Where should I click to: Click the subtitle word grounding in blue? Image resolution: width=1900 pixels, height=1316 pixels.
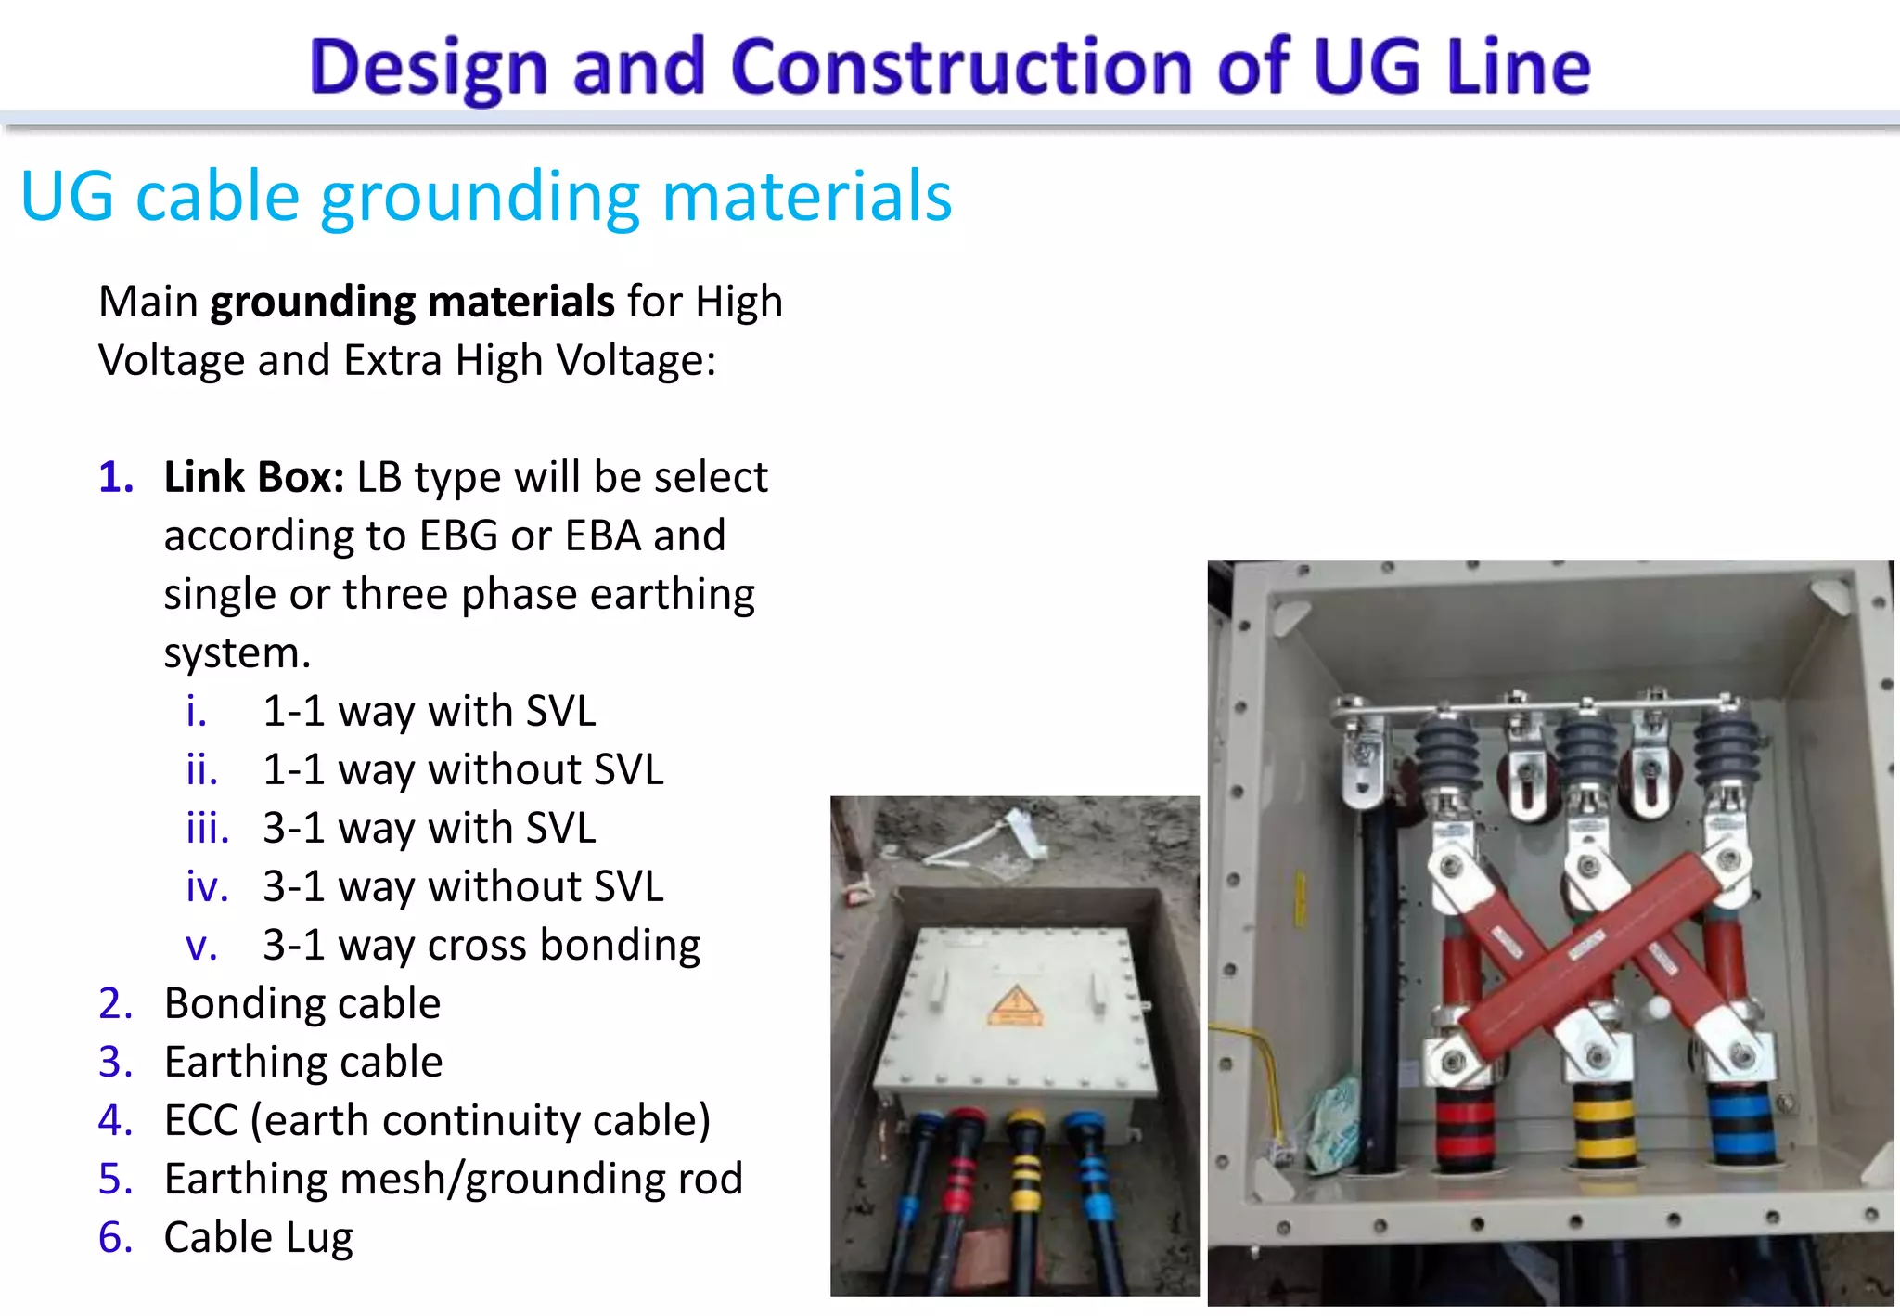tap(480, 197)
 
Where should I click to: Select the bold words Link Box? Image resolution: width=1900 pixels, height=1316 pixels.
tap(254, 478)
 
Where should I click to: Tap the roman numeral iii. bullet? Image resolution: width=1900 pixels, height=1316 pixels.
tap(207, 828)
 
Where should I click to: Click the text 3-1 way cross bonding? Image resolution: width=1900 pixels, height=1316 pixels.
tap(481, 946)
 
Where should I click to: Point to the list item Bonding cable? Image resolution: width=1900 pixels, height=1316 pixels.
tap(302, 1004)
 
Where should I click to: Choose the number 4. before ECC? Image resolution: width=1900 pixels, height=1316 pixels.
tap(116, 1121)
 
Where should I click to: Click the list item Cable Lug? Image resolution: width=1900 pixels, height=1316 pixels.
tap(259, 1238)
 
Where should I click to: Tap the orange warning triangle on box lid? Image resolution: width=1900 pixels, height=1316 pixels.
tap(1016, 1005)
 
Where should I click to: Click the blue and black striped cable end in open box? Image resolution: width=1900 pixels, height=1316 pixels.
tap(1740, 1123)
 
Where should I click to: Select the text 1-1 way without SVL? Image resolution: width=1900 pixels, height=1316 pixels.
tap(463, 770)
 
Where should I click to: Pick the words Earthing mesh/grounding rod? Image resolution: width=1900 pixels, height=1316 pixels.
tap(454, 1180)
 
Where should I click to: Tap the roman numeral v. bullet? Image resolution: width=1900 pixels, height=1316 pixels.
tap(201, 946)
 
